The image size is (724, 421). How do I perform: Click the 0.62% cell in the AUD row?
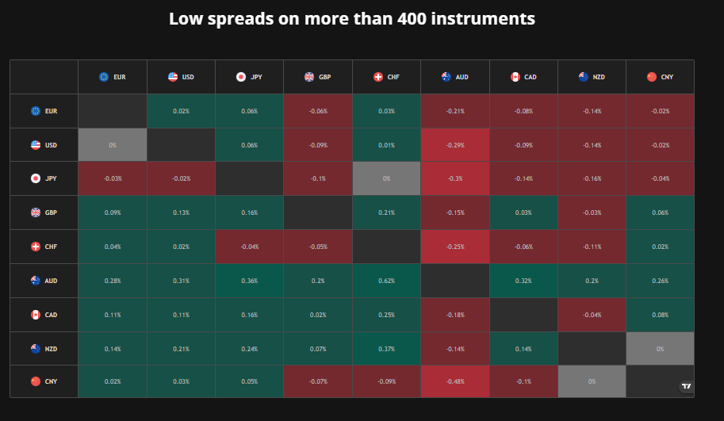click(x=386, y=281)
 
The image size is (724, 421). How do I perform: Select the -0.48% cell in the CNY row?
click(x=455, y=381)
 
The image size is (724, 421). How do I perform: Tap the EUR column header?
click(x=113, y=77)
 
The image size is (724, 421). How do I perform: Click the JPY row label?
click(x=44, y=178)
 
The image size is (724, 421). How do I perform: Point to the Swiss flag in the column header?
click(x=378, y=77)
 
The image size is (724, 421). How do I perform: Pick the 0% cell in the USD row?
click(x=113, y=145)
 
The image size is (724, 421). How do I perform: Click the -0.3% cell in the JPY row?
click(x=455, y=178)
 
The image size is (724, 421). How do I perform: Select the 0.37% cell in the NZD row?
click(x=386, y=349)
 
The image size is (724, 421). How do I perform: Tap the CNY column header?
click(x=661, y=77)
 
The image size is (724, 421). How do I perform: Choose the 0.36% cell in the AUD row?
click(x=249, y=281)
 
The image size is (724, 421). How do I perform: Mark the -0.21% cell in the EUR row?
click(x=455, y=111)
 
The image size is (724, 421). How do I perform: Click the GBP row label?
click(x=44, y=212)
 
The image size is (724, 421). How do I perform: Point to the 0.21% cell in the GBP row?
click(x=386, y=212)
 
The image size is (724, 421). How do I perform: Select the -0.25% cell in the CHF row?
click(x=455, y=247)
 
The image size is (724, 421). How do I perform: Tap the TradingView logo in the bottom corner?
click(x=687, y=386)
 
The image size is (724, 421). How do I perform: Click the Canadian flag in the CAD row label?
click(x=36, y=315)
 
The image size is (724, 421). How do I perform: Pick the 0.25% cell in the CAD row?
click(x=386, y=315)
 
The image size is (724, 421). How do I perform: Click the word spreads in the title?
click(x=240, y=19)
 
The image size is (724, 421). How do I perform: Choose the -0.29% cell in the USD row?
click(x=455, y=145)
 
